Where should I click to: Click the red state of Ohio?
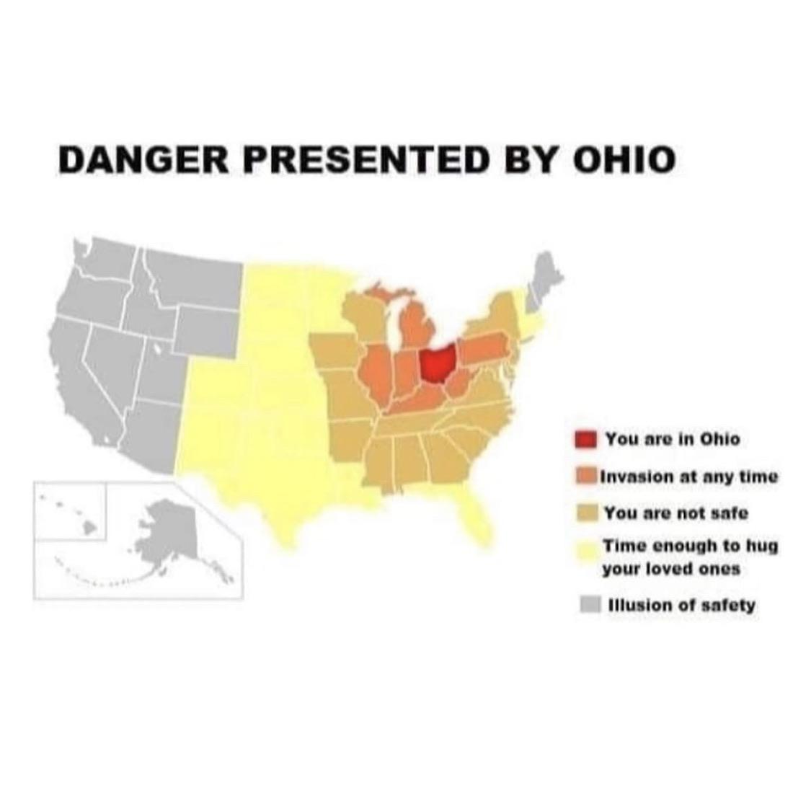click(x=437, y=363)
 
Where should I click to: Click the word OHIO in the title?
click(x=623, y=159)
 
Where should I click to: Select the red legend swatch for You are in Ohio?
click(x=586, y=438)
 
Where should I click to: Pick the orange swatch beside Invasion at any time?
click(x=586, y=477)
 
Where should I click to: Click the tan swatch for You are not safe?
click(x=586, y=513)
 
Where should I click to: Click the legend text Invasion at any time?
click(x=688, y=477)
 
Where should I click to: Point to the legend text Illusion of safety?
click(x=682, y=604)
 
